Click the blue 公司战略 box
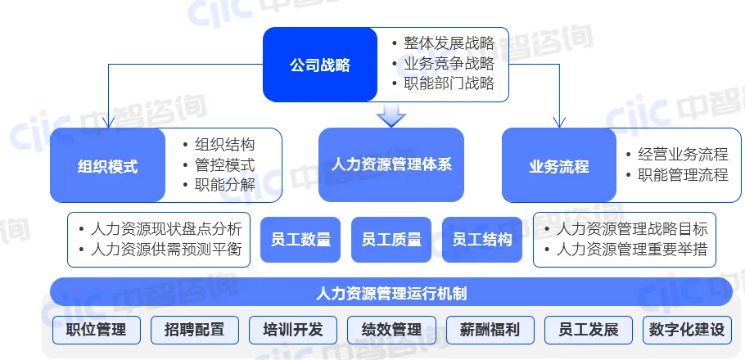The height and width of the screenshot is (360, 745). (319, 65)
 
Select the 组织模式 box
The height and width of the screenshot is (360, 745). (107, 166)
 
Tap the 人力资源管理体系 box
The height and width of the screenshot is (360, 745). (391, 164)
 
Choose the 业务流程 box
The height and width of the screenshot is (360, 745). (559, 166)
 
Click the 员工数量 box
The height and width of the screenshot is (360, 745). (300, 240)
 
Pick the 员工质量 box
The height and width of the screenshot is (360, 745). (391, 240)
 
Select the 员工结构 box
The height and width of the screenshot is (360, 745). (482, 240)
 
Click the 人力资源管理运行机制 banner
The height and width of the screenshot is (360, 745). (391, 292)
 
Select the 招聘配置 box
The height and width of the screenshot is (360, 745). (195, 330)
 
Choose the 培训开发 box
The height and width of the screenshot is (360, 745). (293, 330)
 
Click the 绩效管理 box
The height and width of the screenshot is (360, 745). (391, 330)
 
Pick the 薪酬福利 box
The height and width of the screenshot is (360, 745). (490, 330)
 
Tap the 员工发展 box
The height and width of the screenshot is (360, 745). (588, 330)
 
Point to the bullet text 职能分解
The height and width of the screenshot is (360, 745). (224, 184)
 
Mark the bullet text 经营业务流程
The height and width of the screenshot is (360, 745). (676, 154)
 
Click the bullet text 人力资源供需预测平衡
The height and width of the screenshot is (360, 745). (167, 250)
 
